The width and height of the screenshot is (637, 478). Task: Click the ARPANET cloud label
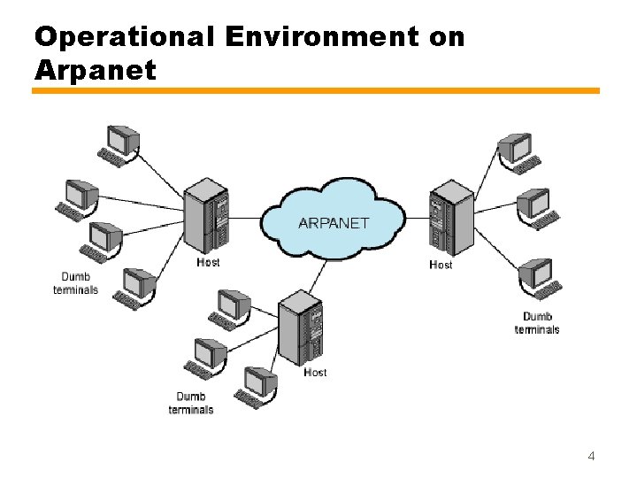pos(334,222)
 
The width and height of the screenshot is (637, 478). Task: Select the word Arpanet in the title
pos(95,70)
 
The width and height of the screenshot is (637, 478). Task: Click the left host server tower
pos(205,218)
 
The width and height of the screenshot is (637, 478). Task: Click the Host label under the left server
pos(208,263)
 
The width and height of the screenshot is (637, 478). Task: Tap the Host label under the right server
pos(441,265)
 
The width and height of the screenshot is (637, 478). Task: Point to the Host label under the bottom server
pos(315,373)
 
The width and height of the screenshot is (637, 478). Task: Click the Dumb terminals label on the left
pos(75,283)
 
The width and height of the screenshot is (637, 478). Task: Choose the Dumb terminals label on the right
pos(537,323)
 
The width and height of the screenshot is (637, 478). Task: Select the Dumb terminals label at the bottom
pos(191,403)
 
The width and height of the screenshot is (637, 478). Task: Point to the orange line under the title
pos(317,90)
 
